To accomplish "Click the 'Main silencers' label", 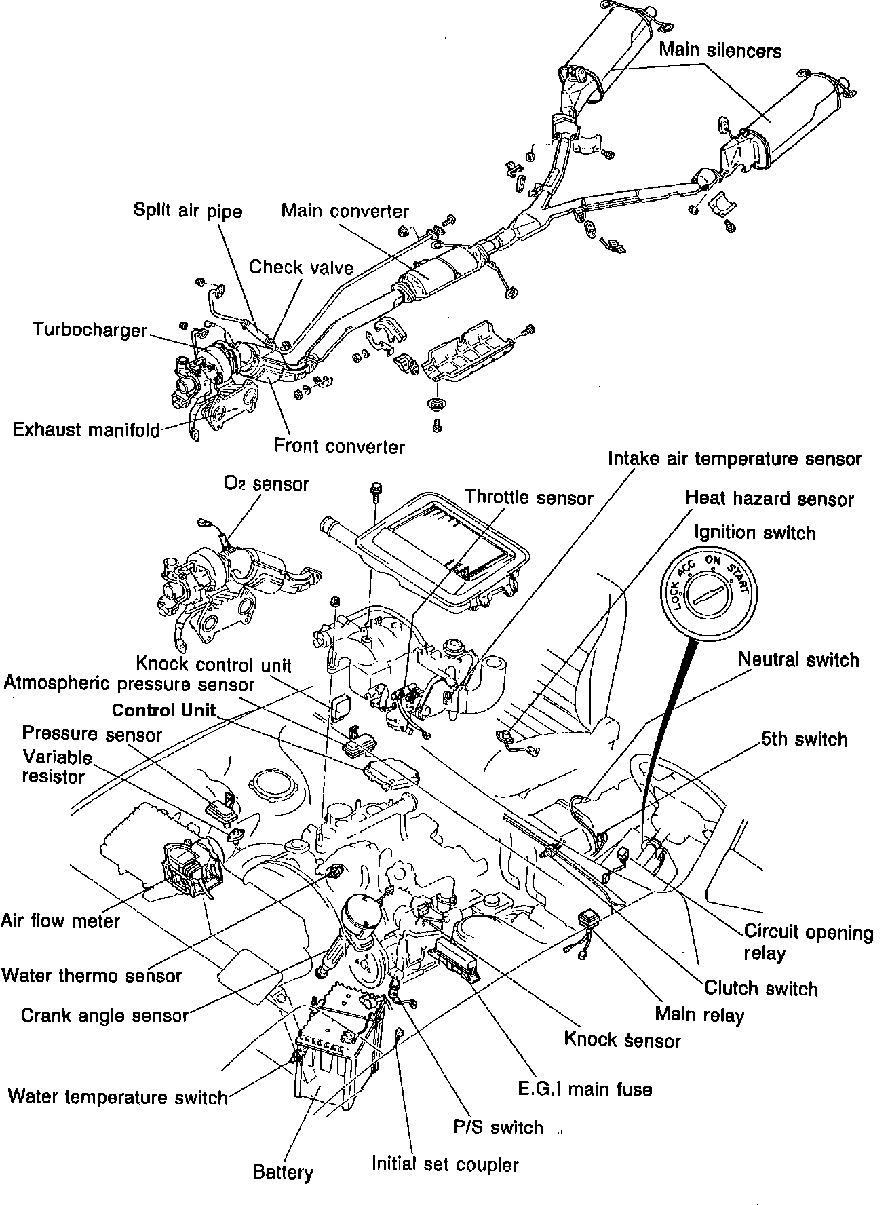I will [x=720, y=51].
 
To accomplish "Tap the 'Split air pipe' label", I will [x=187, y=211].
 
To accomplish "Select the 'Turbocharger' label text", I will [x=90, y=330].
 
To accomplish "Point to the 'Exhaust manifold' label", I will [x=86, y=430].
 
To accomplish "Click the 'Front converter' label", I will [x=339, y=446].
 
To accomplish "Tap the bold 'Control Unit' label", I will [x=163, y=710].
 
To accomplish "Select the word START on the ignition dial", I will [x=738, y=575].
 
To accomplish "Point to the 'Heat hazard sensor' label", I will [x=769, y=499].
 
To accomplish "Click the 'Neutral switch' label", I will [x=798, y=659].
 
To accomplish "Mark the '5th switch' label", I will [x=804, y=739].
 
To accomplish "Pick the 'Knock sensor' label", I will [x=622, y=1039].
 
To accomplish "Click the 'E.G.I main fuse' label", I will [x=584, y=1090].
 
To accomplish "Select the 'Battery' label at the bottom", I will [x=283, y=1172].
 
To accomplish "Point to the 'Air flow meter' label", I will [x=60, y=921].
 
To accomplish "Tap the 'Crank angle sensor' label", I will [x=104, y=1015].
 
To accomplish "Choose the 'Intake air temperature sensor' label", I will [x=734, y=459].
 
